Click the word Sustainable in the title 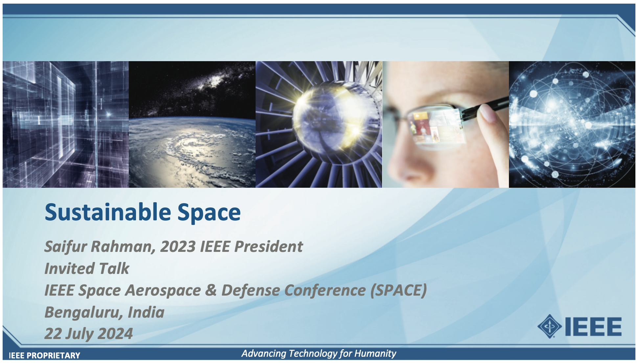108,212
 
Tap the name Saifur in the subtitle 66,247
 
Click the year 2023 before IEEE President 178,247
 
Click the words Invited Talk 87,268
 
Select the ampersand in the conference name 211,290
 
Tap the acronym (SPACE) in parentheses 399,290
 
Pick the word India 146,312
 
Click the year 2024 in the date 115,334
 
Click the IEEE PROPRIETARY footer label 44,355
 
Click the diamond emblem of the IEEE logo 549,327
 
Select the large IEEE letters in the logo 593,327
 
